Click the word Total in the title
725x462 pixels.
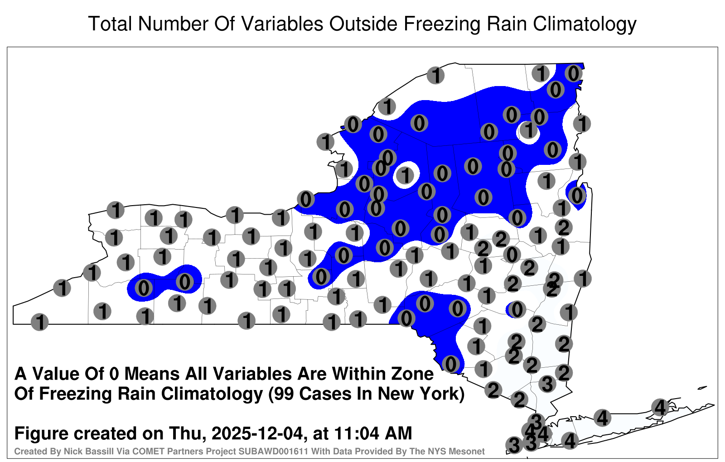[111, 24]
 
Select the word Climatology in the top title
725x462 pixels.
[585, 24]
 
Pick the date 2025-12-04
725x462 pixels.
[258, 433]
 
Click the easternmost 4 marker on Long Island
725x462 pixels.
[660, 407]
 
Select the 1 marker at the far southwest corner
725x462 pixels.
[39, 322]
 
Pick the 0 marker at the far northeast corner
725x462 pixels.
[574, 74]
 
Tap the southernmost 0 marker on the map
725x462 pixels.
[450, 364]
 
